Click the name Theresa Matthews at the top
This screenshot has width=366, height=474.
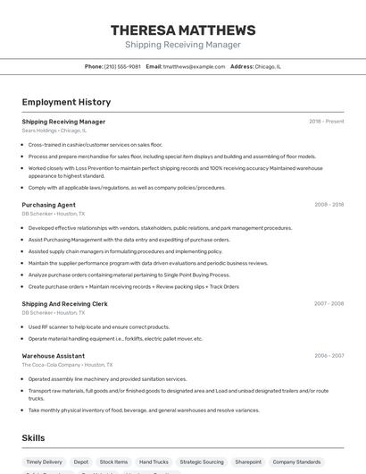click(183, 30)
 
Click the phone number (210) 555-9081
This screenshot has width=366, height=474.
click(122, 66)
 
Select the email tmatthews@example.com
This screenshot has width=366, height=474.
click(193, 66)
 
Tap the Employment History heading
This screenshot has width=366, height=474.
click(66, 102)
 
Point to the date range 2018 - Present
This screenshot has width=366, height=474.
click(326, 122)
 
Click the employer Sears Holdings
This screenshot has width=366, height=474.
click(40, 131)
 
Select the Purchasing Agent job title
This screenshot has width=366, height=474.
click(48, 205)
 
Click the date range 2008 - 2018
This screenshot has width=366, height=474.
click(329, 205)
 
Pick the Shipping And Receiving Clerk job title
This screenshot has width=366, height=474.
click(64, 304)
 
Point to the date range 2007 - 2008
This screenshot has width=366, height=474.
click(329, 304)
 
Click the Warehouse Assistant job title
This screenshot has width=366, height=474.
click(53, 355)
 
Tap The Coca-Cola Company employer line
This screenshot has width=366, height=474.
click(67, 365)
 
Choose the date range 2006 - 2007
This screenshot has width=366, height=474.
click(329, 355)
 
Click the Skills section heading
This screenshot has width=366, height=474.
click(34, 438)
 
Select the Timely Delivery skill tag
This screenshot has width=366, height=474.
click(45, 462)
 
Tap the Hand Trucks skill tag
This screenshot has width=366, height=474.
click(154, 462)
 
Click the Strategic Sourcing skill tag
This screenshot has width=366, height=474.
click(202, 462)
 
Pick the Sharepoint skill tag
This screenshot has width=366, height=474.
click(248, 462)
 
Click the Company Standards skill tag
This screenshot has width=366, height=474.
click(296, 462)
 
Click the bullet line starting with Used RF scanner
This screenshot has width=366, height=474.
click(98, 326)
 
